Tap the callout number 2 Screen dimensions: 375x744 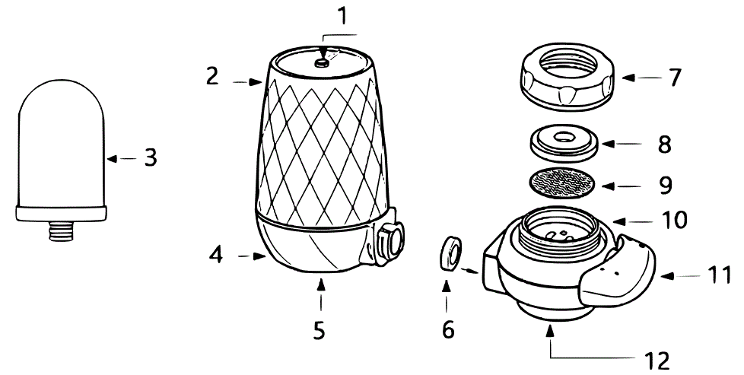212,76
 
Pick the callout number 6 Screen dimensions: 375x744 447,329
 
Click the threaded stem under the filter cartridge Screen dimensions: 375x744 61,230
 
